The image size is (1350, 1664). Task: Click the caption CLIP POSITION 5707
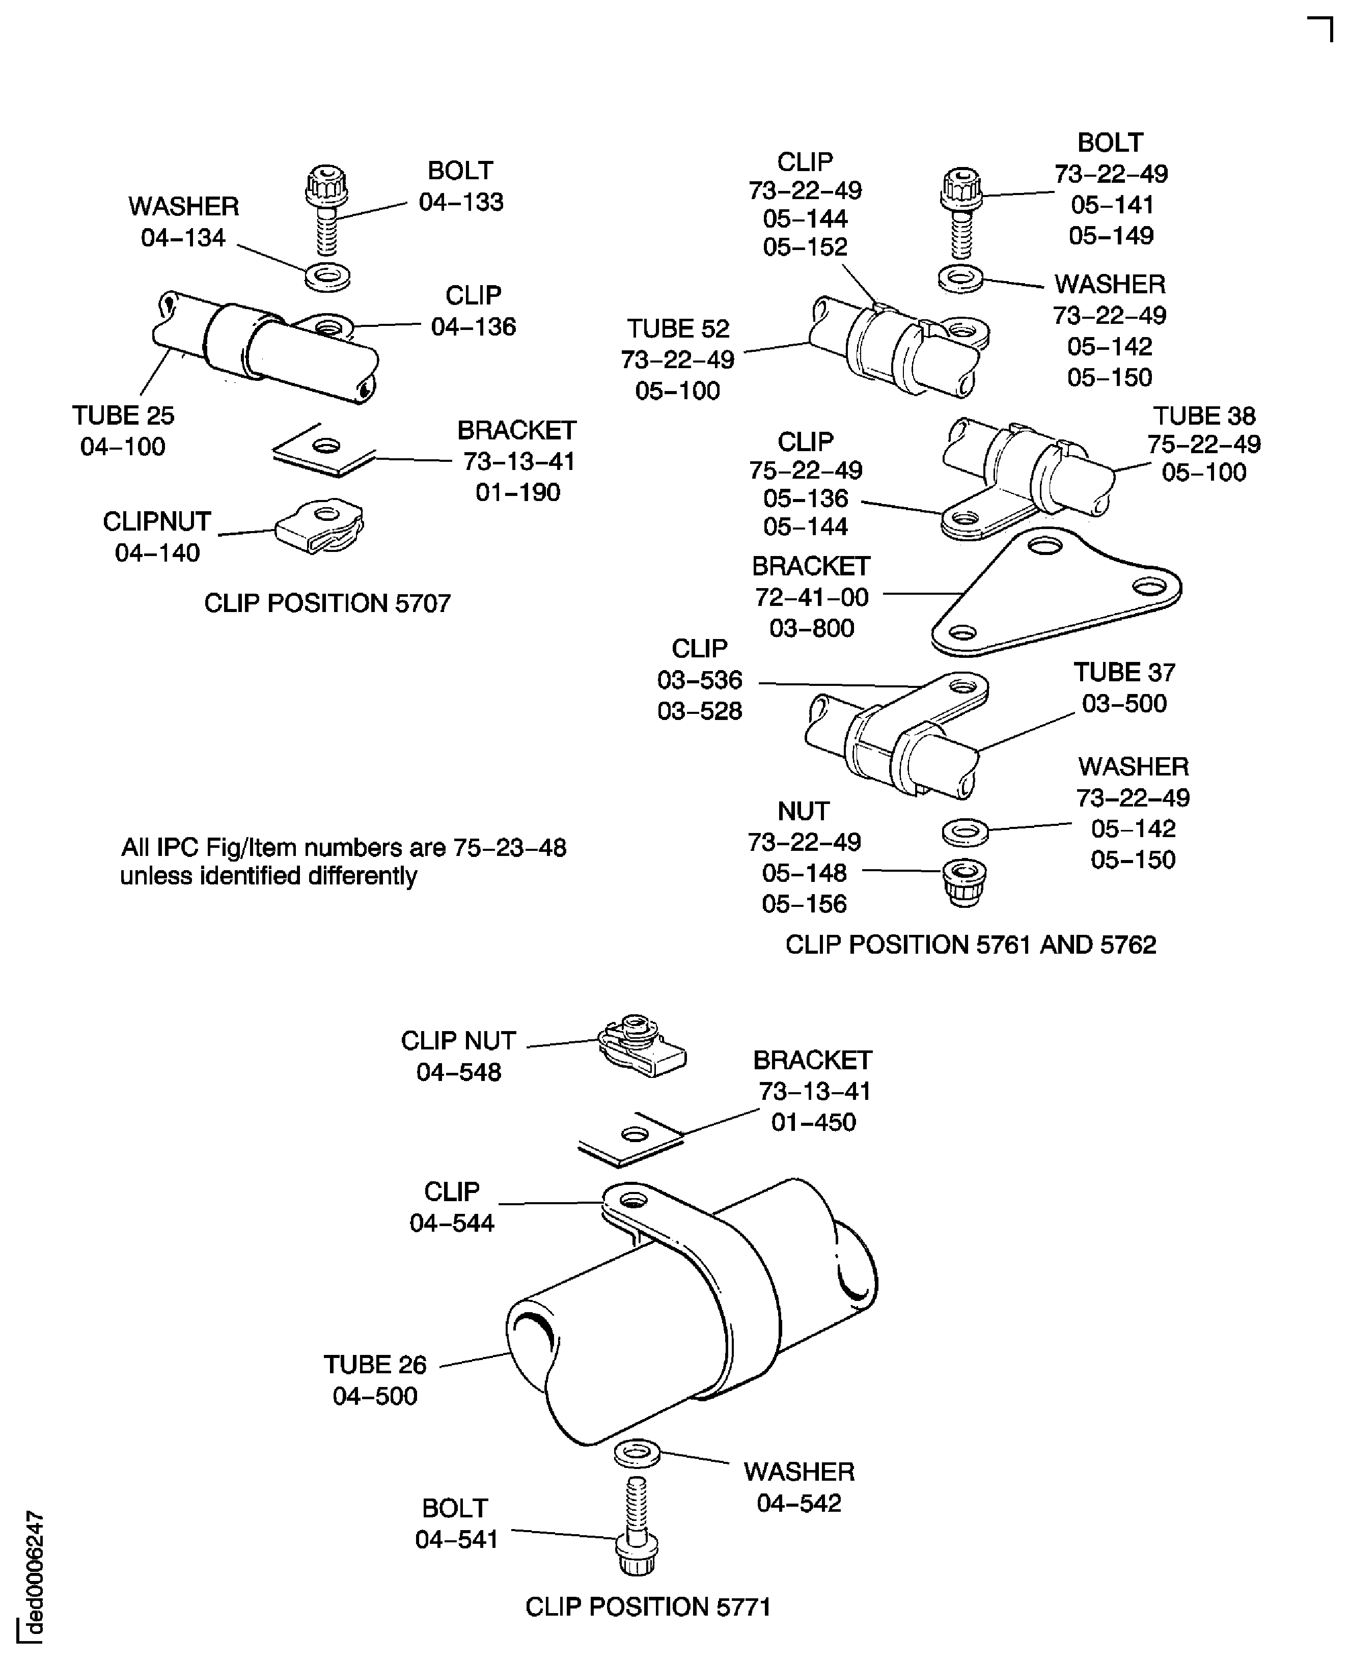pyautogui.click(x=327, y=603)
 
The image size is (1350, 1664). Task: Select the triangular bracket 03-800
pyautogui.click(x=1058, y=594)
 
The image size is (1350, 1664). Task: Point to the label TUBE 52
pyautogui.click(x=678, y=329)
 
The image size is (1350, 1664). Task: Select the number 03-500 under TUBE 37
pyautogui.click(x=1124, y=703)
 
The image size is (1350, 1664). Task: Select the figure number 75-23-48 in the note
pyautogui.click(x=509, y=848)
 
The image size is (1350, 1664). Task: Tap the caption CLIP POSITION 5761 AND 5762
pyautogui.click(x=971, y=945)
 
